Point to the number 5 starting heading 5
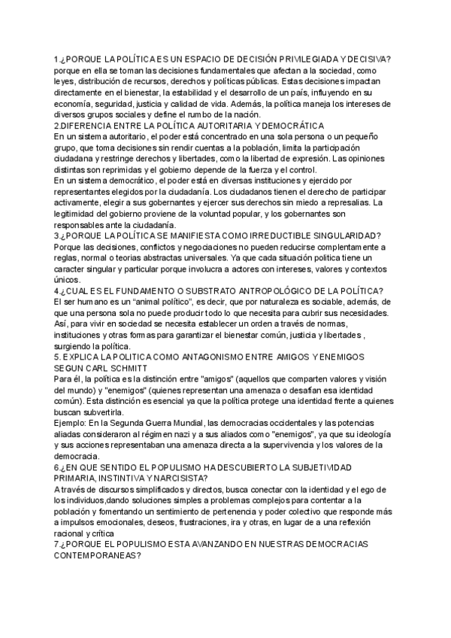(56, 357)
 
